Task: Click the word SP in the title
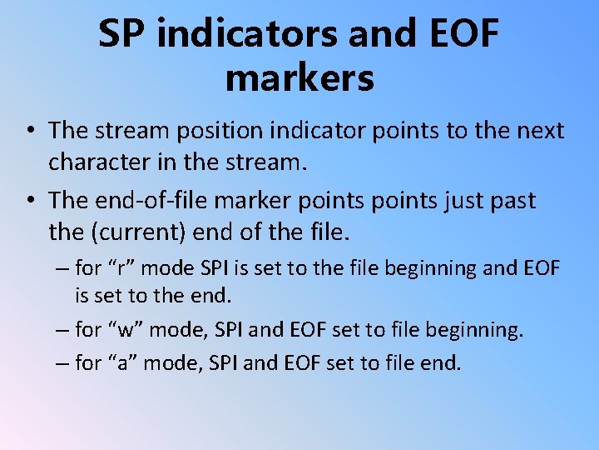coord(121,32)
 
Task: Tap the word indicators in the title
coord(248,32)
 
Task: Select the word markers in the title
coord(299,77)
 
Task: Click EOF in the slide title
coord(464,32)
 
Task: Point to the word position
coord(220,132)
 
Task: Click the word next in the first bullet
coord(541,131)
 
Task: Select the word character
coord(99,162)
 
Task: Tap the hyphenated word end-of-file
coord(151,200)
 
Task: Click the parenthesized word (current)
coord(139,232)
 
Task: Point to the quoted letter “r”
coord(121,267)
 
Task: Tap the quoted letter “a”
coord(122,362)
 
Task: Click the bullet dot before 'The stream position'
coord(32,130)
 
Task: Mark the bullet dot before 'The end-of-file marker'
coord(32,199)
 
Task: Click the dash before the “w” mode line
coord(62,330)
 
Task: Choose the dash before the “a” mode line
coord(62,363)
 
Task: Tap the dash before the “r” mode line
coord(62,268)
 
